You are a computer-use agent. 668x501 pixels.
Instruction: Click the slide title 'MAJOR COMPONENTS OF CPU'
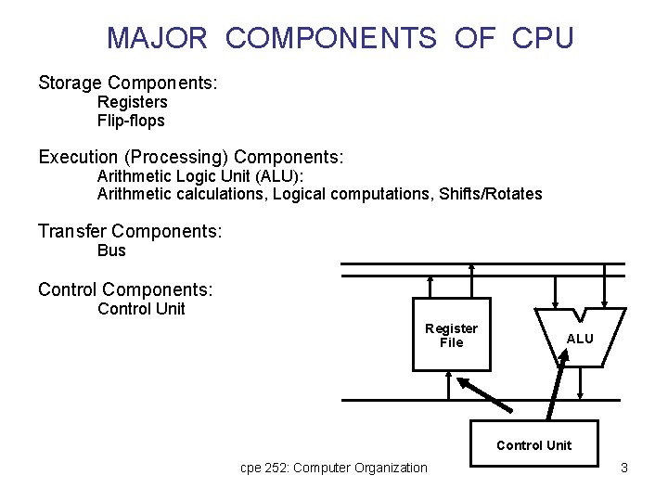click(340, 38)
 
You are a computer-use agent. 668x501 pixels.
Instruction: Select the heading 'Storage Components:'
click(128, 83)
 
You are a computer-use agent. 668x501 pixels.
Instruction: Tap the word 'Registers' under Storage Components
click(132, 102)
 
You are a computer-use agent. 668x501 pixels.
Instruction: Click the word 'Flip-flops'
click(131, 120)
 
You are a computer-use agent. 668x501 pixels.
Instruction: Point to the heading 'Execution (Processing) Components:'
click(191, 156)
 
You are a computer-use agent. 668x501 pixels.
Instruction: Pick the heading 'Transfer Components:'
click(130, 231)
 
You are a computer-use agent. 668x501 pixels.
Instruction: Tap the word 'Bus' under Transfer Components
click(111, 250)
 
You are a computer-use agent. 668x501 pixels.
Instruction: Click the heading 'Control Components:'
click(125, 290)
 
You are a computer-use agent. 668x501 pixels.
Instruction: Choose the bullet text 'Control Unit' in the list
click(141, 309)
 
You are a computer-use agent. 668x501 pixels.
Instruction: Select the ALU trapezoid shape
click(579, 338)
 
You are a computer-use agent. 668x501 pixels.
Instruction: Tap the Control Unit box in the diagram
click(533, 445)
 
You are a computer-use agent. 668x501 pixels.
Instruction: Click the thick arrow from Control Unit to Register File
click(485, 393)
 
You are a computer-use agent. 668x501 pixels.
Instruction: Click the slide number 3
click(624, 468)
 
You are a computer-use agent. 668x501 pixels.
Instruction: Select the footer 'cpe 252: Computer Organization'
click(334, 468)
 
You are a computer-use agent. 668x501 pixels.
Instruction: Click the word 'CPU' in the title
click(541, 38)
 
